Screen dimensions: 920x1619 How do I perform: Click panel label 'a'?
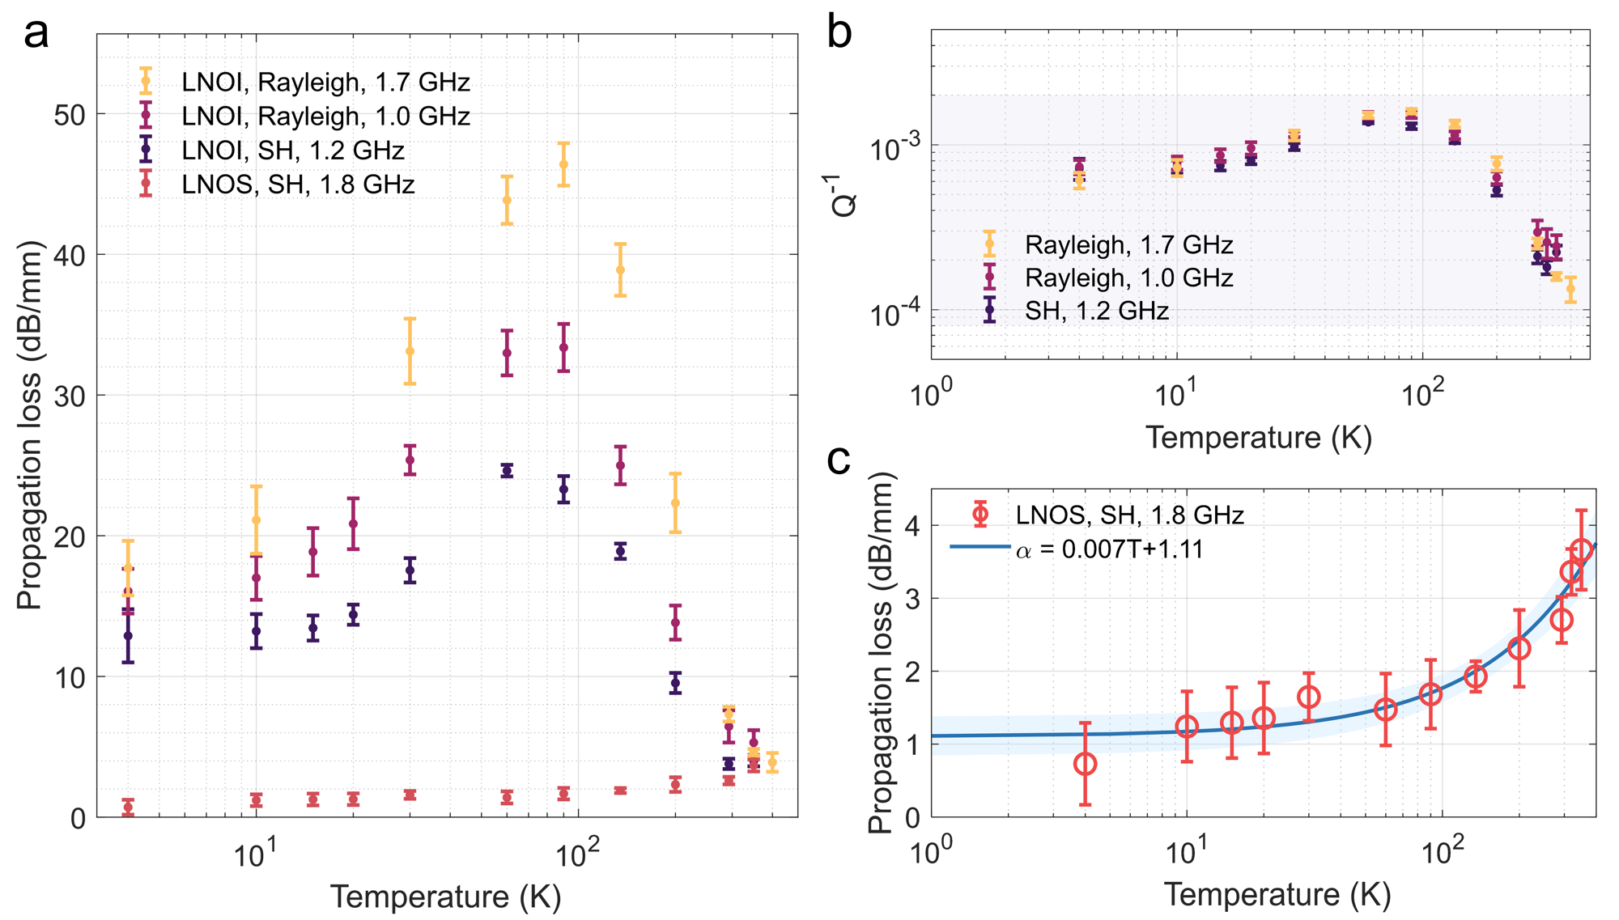point(36,34)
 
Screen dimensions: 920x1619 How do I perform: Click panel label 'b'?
point(839,34)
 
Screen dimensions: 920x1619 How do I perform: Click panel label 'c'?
point(839,460)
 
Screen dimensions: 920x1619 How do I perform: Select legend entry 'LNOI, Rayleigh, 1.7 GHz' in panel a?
point(325,82)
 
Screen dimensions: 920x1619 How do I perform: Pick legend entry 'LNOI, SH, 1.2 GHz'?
point(292,151)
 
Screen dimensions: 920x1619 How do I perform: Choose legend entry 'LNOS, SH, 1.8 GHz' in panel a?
point(297,184)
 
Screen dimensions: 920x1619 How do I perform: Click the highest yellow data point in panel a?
point(563,164)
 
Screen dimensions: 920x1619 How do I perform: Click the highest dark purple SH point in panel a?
point(507,470)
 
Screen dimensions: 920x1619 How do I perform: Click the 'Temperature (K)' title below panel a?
point(445,897)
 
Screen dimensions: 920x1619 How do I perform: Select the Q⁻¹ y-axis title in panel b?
point(844,194)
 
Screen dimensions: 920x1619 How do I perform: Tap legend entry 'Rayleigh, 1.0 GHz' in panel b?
point(1128,278)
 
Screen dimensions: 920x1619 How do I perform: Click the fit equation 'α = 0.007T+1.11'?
point(1109,549)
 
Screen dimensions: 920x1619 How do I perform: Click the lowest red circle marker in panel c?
point(1085,764)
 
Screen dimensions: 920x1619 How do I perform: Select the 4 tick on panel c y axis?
point(911,526)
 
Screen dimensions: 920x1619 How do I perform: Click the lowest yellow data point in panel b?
point(1570,289)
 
